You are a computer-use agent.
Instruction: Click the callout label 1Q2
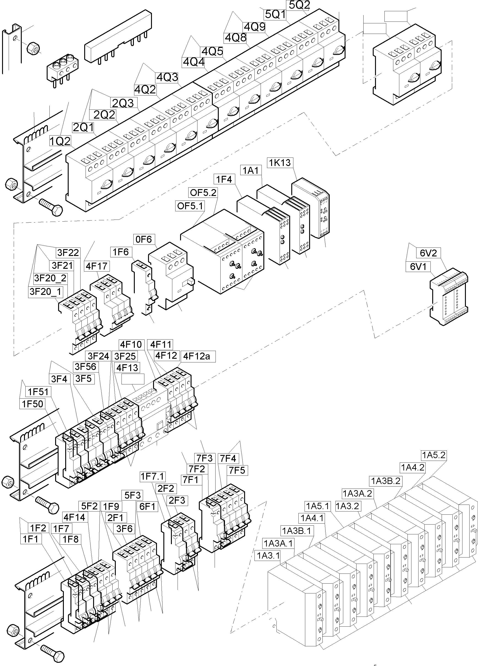60,141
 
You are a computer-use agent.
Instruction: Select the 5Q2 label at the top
299,5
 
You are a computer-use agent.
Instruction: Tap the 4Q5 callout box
212,51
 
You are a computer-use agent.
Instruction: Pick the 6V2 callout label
428,253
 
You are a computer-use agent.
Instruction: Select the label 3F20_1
46,292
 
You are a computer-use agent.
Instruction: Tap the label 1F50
32,404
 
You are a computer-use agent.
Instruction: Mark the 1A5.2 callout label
434,455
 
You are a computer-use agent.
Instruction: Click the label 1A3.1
268,556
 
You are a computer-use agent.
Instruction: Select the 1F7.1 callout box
153,476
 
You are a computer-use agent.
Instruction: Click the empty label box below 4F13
133,379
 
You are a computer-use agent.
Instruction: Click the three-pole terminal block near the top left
62,68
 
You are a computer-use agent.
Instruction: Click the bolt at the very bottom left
53,652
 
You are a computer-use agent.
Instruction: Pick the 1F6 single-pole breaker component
145,288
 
